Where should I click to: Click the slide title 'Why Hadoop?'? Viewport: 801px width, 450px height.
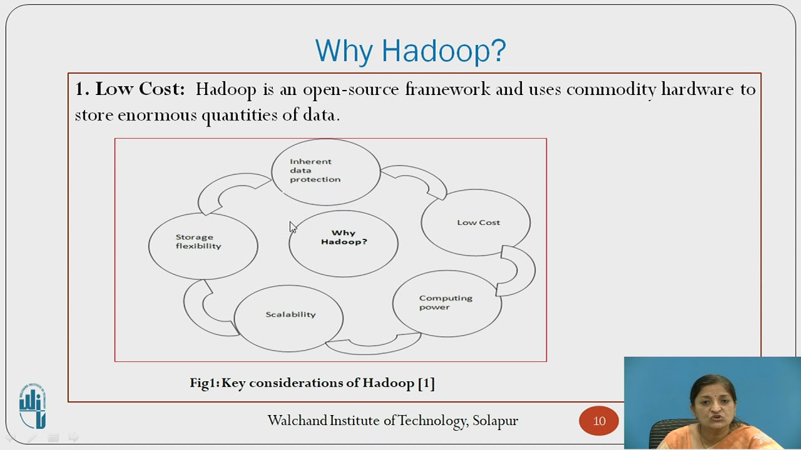click(410, 51)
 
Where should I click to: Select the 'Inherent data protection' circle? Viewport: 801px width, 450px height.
click(325, 171)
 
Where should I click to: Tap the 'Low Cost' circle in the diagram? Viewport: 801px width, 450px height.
click(476, 222)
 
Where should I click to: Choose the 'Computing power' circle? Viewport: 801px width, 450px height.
click(447, 303)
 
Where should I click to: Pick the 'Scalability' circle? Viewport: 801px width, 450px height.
click(288, 317)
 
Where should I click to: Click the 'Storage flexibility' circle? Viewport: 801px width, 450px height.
click(203, 245)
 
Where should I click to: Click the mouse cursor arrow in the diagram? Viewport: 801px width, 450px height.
click(292, 227)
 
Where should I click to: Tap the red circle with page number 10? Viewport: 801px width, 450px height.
click(599, 421)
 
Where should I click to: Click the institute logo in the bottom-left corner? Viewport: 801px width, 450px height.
click(33, 406)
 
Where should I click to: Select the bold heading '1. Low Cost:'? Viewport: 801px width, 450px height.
click(130, 89)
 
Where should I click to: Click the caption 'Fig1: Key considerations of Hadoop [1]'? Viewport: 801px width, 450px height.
click(312, 382)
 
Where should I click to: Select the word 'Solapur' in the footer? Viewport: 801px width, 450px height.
click(495, 421)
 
